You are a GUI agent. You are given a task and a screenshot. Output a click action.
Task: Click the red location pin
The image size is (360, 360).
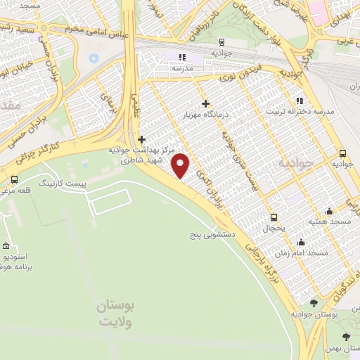coord(181,165)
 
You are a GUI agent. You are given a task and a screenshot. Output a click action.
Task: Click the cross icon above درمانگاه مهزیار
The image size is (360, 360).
coord(205,103)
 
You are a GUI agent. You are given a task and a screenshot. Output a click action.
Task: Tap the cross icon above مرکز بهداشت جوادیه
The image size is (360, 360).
coord(142,139)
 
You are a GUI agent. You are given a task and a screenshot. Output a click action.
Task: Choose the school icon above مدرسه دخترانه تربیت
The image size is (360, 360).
coord(300,101)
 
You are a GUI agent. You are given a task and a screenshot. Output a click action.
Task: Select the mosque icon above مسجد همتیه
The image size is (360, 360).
coord(328,212)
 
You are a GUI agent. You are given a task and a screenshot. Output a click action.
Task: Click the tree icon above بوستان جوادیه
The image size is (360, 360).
coord(314,303)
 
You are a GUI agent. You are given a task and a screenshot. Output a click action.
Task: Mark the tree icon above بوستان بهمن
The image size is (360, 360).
coord(345,337)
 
